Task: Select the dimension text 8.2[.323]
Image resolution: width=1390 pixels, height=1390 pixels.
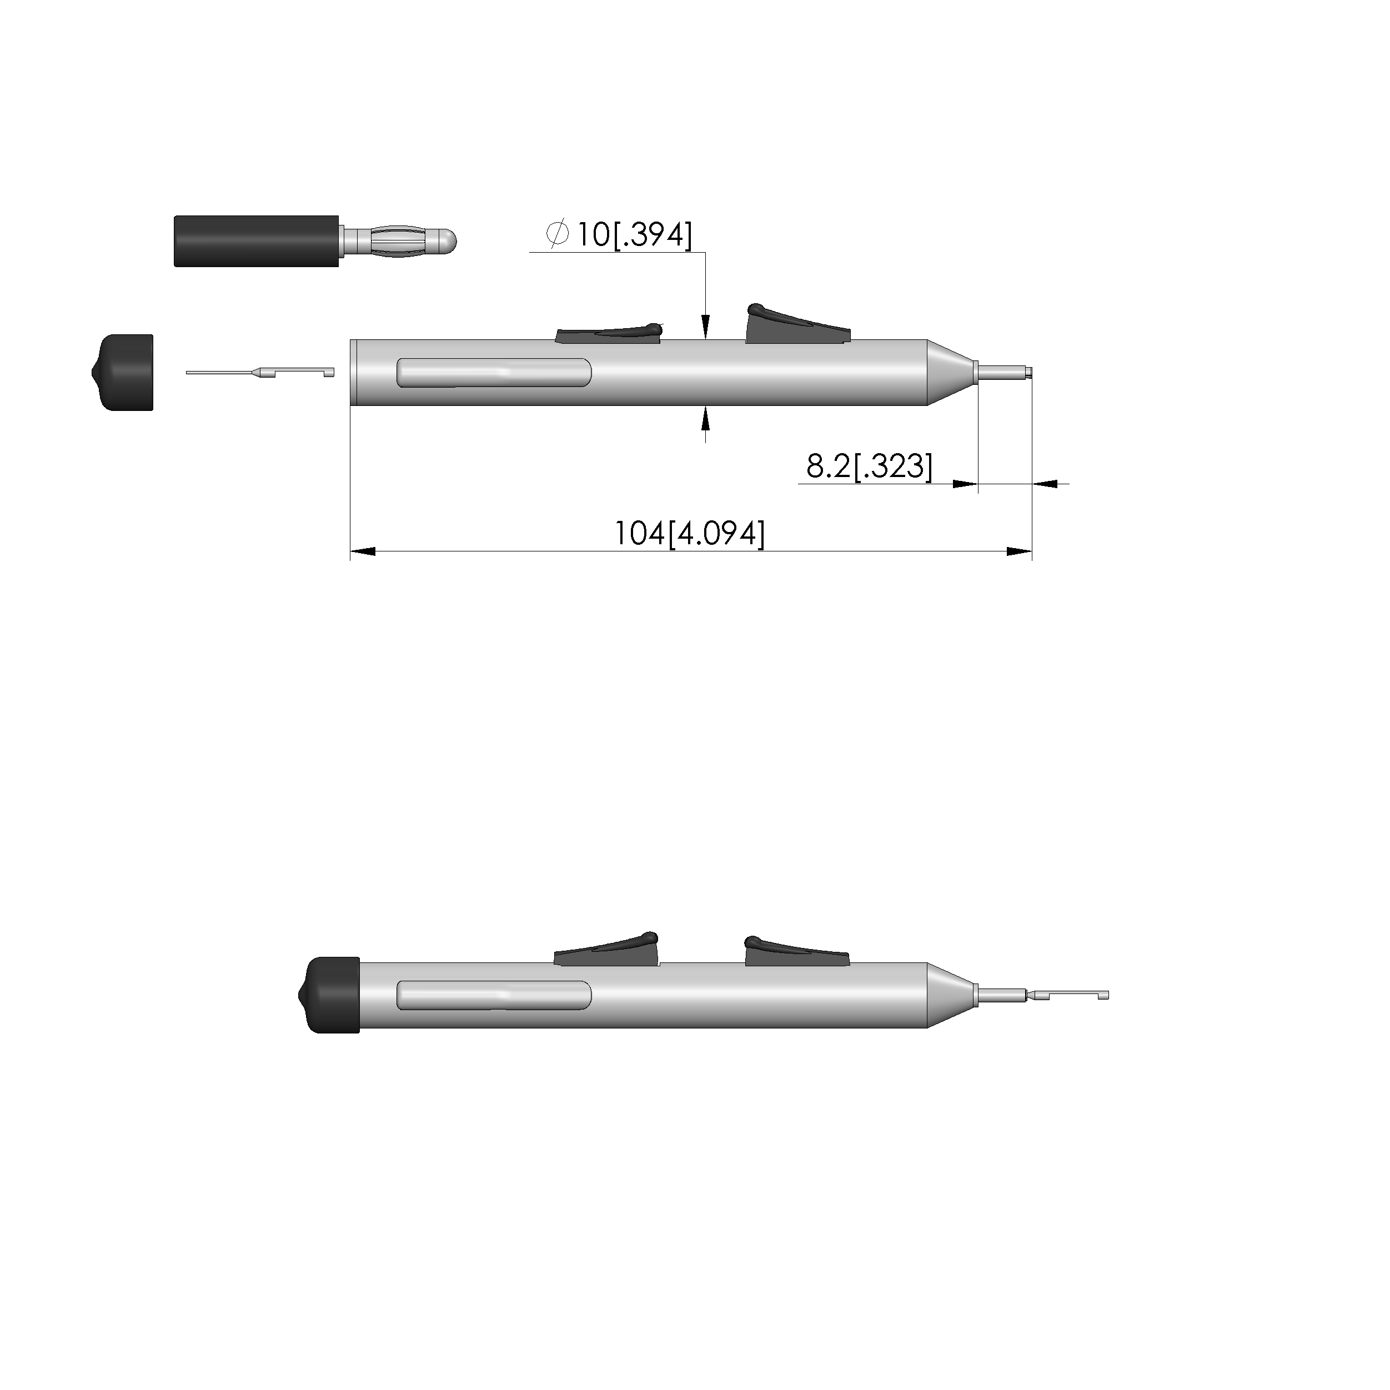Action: pos(869,466)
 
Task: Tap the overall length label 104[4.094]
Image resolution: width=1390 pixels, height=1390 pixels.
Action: pos(689,533)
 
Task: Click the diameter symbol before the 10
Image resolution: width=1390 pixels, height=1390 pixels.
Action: pos(558,234)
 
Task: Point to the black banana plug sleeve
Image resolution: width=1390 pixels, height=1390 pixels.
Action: pos(256,241)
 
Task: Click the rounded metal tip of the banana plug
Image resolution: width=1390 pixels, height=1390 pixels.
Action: pos(448,240)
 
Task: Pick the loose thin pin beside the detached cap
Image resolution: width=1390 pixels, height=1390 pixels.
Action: pos(260,372)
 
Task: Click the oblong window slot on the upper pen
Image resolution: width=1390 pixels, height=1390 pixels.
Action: pos(494,372)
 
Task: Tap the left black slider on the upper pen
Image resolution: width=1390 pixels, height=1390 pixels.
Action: pos(609,333)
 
